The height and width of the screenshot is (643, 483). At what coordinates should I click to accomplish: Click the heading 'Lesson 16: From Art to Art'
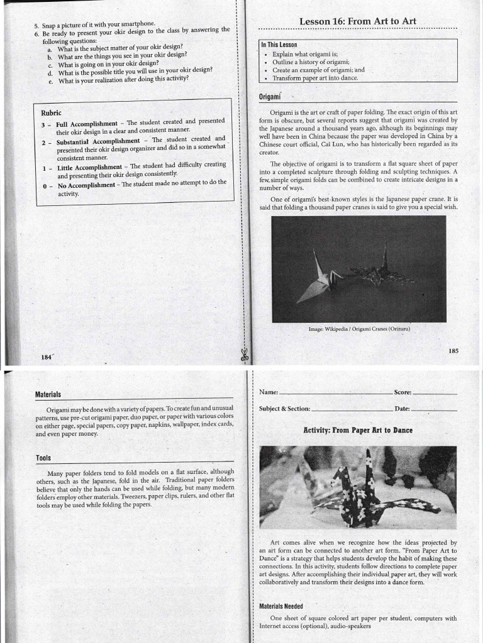coord(357,21)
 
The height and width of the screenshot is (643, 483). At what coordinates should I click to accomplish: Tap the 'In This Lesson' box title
coord(279,45)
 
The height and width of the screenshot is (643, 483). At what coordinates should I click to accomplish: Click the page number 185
coord(453,351)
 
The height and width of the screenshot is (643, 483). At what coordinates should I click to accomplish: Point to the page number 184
coord(45,357)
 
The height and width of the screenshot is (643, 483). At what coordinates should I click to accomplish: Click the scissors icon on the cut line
coord(243,355)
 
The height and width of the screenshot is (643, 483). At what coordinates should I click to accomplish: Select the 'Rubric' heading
coord(51,113)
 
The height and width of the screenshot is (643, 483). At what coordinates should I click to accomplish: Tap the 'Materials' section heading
coord(48,394)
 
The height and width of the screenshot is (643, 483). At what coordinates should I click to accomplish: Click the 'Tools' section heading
coord(43,458)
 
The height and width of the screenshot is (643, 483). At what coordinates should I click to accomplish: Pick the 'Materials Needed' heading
coord(281,606)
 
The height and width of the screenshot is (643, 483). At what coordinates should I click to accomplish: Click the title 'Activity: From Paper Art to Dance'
coord(358,430)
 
